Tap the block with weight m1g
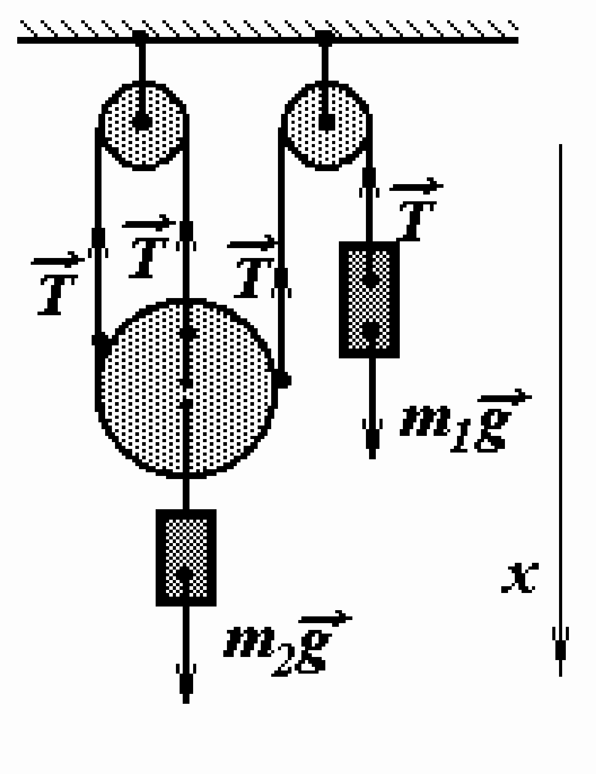pyautogui.click(x=369, y=300)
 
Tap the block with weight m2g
pyautogui.click(x=186, y=558)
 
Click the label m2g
pyautogui.click(x=287, y=647)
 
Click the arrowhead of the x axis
pyautogui.click(x=561, y=647)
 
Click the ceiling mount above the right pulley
pyautogui.click(x=324, y=37)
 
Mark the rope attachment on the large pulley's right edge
pyautogui.click(x=283, y=380)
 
